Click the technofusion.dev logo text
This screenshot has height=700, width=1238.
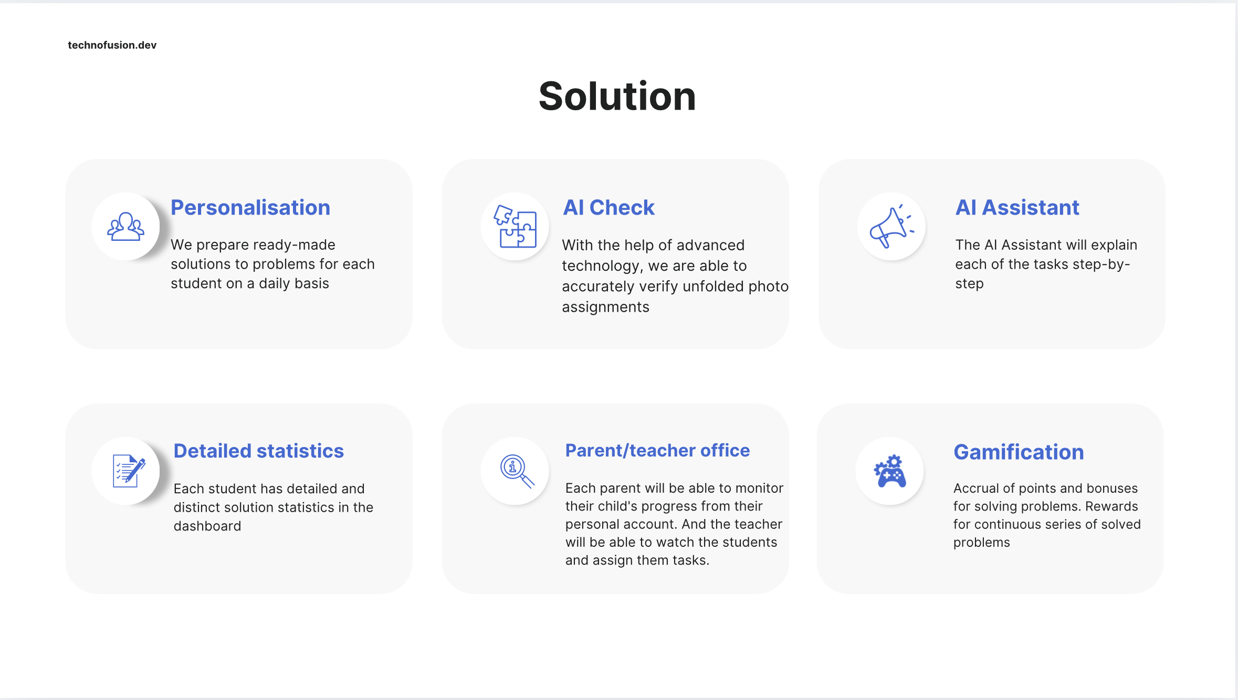tap(112, 45)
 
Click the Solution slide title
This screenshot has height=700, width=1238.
tap(617, 97)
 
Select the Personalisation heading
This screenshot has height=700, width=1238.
tap(250, 208)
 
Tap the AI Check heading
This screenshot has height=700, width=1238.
tap(608, 208)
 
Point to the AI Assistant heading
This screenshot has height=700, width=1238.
tap(1017, 208)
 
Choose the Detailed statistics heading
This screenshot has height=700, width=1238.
tap(258, 451)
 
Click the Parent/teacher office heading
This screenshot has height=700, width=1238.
tap(657, 451)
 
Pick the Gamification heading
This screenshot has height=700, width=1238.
tap(1019, 452)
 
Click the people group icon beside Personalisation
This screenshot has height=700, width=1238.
tap(125, 227)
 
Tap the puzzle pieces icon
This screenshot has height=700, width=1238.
tap(515, 227)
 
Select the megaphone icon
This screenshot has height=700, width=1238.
tap(891, 227)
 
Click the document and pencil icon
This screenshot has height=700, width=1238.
tap(128, 471)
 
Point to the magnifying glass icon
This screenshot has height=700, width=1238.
tap(517, 471)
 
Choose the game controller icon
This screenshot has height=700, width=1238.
tap(890, 471)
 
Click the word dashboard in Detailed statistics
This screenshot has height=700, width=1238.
tap(207, 526)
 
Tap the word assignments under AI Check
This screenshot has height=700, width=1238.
tap(605, 307)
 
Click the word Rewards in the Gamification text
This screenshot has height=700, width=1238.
tap(1111, 506)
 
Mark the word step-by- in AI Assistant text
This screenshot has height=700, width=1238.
tap(1101, 264)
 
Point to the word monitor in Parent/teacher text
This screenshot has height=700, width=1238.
tap(759, 489)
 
